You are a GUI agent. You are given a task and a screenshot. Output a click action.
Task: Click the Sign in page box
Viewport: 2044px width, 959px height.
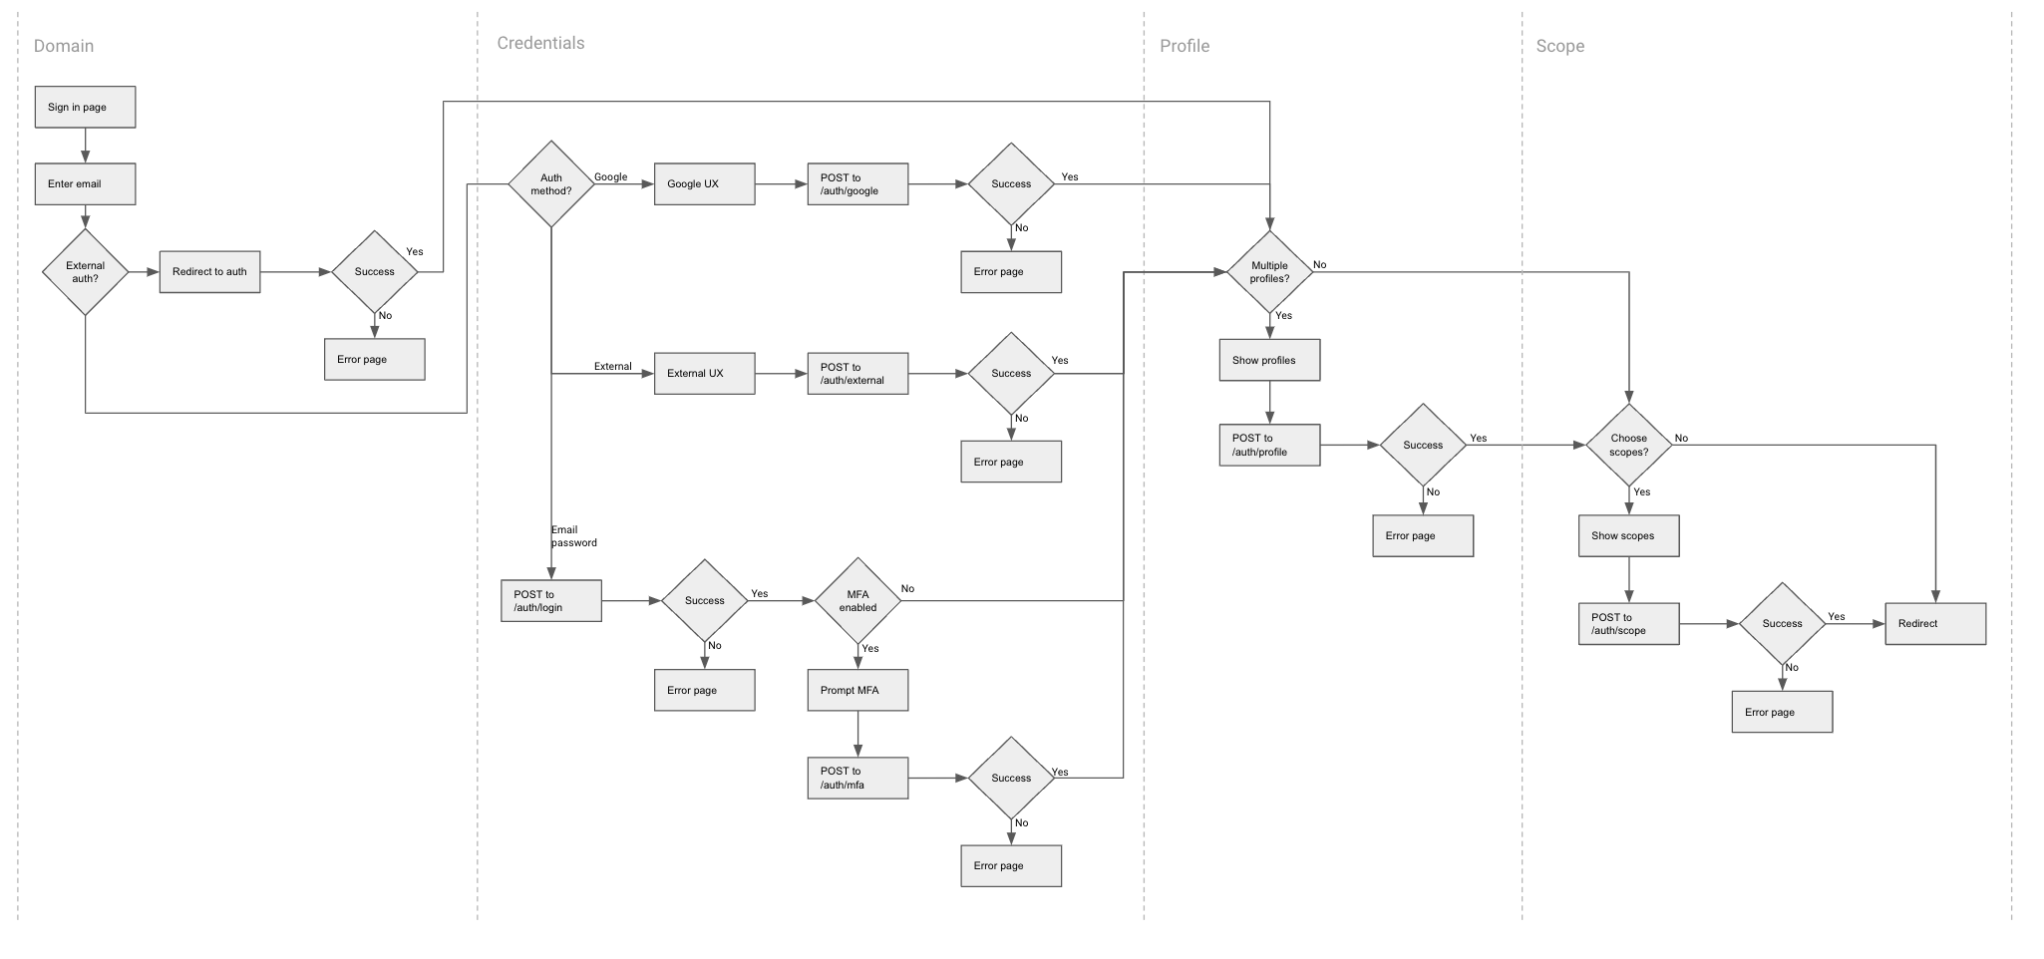coord(85,107)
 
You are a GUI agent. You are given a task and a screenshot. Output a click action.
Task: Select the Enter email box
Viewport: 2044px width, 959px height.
coord(85,184)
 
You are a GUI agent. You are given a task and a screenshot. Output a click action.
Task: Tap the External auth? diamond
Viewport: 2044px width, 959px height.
coord(86,272)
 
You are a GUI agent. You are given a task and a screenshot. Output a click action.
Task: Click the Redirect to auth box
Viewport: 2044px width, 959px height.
coord(209,272)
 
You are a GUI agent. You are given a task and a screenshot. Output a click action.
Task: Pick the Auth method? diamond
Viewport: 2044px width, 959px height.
coord(551,183)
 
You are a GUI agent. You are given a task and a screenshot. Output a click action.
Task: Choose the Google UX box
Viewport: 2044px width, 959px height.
coord(704,184)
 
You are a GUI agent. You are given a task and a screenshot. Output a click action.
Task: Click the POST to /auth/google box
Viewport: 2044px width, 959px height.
coord(857,184)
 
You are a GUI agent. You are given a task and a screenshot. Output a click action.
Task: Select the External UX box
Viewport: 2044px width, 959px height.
coord(704,374)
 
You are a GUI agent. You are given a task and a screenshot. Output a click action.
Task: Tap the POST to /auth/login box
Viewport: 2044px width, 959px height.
coord(550,601)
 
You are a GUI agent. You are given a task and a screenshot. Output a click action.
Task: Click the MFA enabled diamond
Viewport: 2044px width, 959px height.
coord(857,601)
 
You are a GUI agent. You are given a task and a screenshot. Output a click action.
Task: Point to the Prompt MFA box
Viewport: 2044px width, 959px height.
coord(857,690)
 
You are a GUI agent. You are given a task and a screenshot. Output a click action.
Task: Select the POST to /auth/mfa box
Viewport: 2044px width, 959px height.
coord(857,778)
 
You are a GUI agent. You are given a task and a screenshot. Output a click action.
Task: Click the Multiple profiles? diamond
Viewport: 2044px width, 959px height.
coord(1269,272)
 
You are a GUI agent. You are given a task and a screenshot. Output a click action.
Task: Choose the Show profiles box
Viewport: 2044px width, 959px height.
coord(1269,360)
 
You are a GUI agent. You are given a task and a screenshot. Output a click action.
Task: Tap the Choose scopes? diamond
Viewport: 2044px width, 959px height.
coord(1628,445)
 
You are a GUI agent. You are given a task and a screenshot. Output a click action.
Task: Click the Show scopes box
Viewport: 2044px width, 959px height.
coord(1628,535)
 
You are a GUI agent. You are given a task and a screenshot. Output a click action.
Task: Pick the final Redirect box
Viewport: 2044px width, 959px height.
coord(1934,624)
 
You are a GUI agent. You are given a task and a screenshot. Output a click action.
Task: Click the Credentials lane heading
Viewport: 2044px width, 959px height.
coord(540,43)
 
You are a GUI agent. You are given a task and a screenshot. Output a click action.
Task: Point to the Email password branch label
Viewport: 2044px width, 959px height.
coord(573,536)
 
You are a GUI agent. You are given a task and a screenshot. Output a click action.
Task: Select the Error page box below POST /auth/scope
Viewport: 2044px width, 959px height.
coord(1782,712)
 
